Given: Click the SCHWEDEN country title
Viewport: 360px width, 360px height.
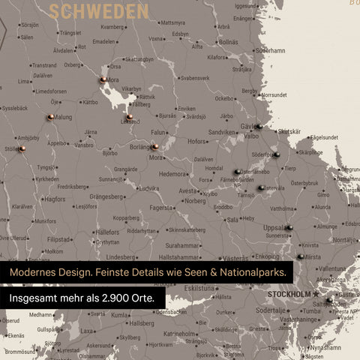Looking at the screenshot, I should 98,10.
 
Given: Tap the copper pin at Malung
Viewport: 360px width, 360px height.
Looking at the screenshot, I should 49,117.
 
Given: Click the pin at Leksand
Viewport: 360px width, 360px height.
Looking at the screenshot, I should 129,117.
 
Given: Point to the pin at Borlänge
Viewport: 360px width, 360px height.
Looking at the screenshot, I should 154,147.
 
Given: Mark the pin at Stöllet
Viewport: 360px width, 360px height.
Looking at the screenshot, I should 22,148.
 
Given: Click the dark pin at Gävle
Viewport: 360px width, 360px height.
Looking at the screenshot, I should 257,127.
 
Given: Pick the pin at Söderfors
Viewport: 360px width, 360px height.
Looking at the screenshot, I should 276,155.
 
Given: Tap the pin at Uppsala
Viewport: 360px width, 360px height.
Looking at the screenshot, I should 289,227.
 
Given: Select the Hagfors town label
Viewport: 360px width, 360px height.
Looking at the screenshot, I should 54,199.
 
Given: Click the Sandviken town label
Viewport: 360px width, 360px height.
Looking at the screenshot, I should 222,131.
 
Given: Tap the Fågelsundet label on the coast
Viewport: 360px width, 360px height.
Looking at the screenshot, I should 324,137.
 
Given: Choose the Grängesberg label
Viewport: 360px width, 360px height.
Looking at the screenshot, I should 106,196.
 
